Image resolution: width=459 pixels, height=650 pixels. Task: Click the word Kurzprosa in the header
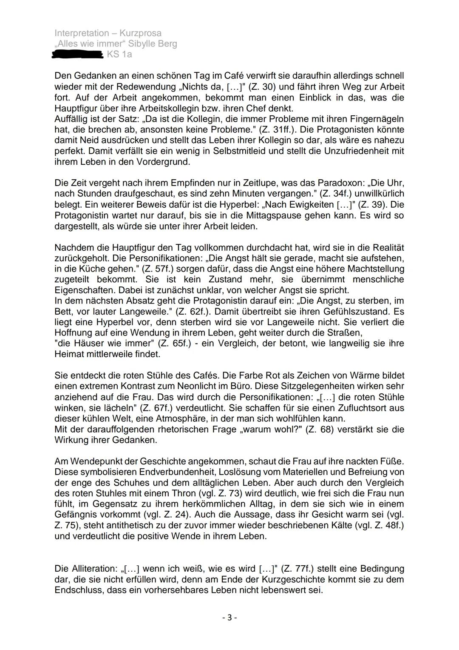[140, 33]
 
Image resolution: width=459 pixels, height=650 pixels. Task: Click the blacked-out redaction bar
[77, 54]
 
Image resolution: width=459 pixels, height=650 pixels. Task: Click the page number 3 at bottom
[229, 617]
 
